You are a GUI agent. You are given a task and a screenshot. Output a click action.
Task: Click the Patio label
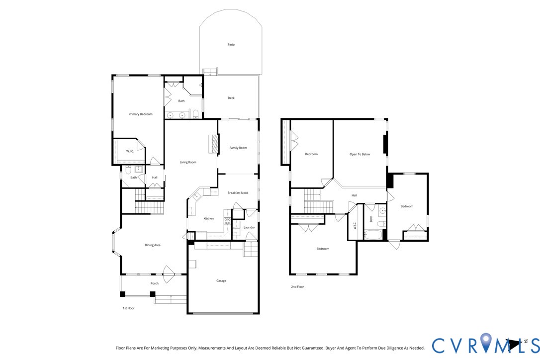click(231, 45)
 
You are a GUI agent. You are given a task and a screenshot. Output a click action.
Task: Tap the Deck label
click(231, 98)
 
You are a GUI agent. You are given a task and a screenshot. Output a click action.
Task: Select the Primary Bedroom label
click(140, 114)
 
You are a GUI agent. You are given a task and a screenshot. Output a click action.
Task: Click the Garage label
click(221, 280)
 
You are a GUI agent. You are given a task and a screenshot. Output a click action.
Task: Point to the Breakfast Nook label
click(238, 193)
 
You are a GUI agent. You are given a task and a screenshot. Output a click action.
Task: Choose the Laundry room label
click(249, 227)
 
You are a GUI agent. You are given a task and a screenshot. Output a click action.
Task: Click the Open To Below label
click(360, 154)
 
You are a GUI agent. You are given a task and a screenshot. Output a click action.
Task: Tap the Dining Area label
click(153, 245)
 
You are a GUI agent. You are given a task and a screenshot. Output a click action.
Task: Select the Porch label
click(155, 283)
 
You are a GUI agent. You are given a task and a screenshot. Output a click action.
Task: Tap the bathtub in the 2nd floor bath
click(373, 234)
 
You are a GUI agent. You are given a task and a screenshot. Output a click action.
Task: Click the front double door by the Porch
click(169, 273)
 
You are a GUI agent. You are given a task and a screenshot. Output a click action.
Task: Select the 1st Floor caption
click(128, 308)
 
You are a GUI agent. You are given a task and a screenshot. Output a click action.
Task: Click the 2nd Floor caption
click(297, 287)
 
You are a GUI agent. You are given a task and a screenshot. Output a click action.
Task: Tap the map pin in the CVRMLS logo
click(486, 344)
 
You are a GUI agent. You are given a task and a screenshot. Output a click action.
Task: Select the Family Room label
click(238, 148)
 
